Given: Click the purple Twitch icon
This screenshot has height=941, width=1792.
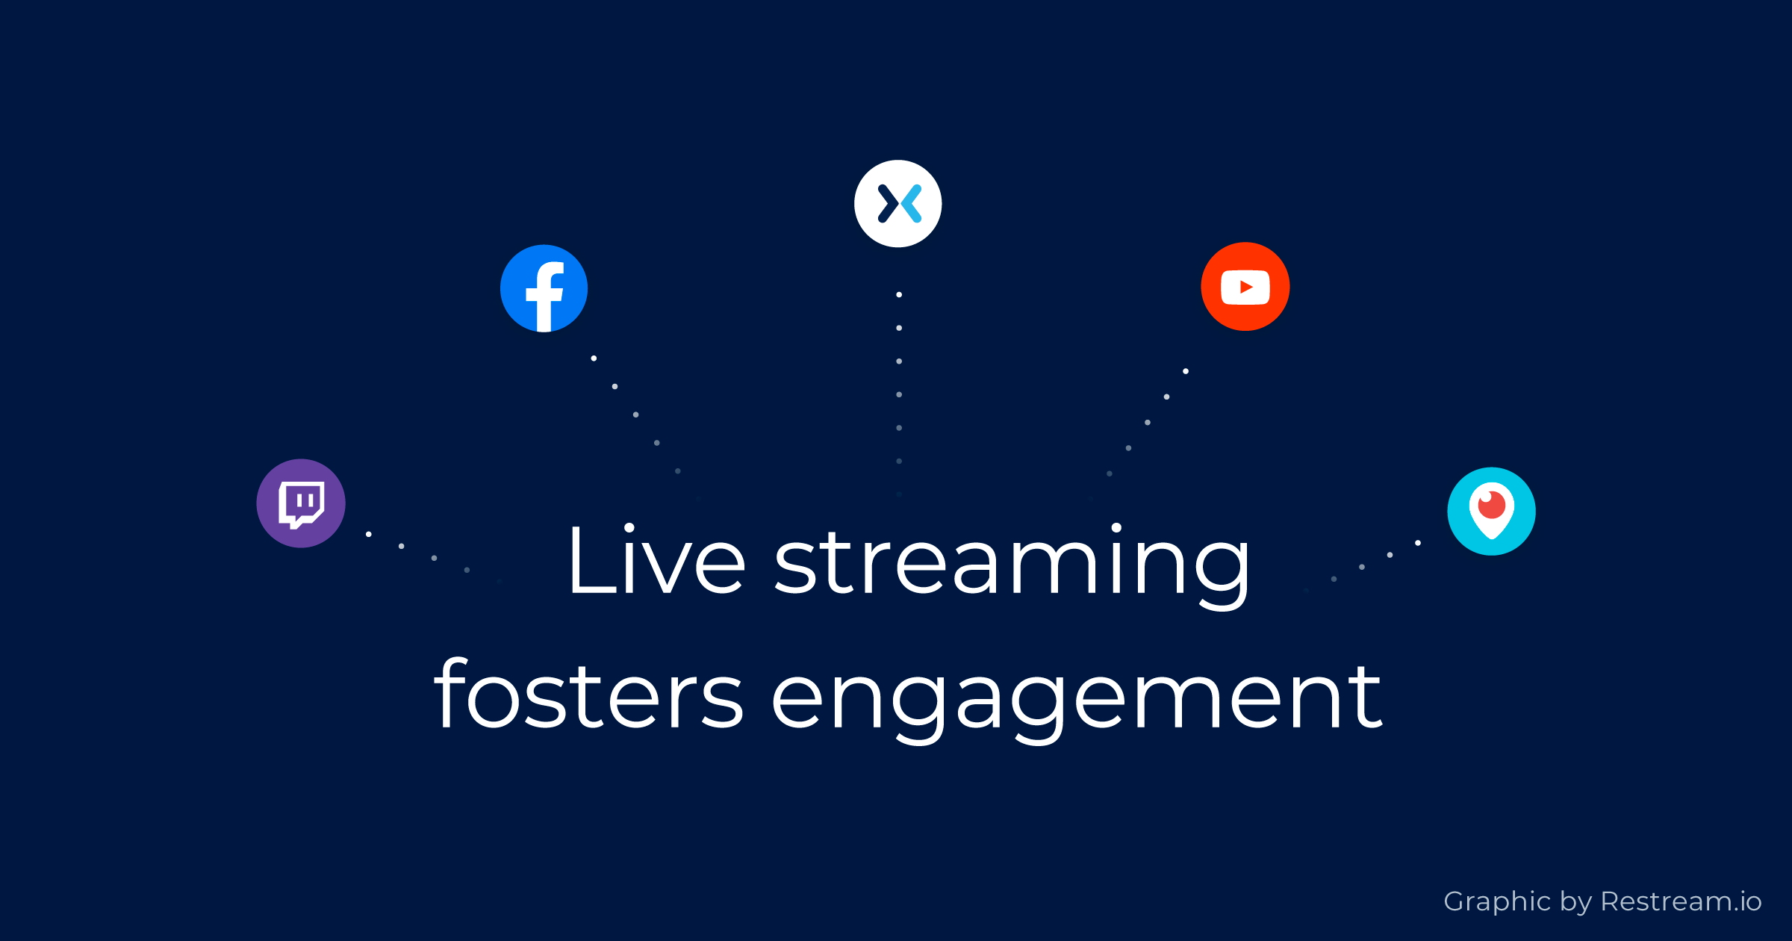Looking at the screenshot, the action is click(x=301, y=503).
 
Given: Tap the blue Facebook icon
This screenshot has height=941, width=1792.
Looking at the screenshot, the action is click(x=544, y=288).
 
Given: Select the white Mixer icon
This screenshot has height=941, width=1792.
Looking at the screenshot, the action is click(x=898, y=204).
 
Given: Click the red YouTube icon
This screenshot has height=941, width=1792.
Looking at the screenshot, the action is click(x=1245, y=287).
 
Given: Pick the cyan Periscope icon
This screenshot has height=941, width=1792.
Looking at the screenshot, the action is click(x=1492, y=512).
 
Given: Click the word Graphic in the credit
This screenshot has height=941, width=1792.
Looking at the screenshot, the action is click(x=1497, y=902).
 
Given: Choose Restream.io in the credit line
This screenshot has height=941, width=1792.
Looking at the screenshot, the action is click(x=1681, y=901).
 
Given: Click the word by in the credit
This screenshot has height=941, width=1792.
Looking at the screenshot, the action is click(x=1576, y=903).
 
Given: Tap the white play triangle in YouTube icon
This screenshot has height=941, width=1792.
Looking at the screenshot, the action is click(x=1246, y=287).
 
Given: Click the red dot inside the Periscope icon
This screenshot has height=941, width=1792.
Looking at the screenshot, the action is click(x=1492, y=505).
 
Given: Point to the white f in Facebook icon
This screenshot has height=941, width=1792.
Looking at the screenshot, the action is click(x=545, y=296).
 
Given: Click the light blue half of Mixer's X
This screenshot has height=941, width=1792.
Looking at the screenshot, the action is click(x=912, y=204).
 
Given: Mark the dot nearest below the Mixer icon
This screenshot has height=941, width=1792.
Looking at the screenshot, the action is click(x=899, y=295).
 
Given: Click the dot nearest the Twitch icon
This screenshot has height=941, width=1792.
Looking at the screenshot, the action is click(x=369, y=534).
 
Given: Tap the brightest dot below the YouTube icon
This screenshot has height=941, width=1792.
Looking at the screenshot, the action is click(x=1186, y=371).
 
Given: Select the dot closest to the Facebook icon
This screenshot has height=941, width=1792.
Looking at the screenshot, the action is click(x=594, y=358).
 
